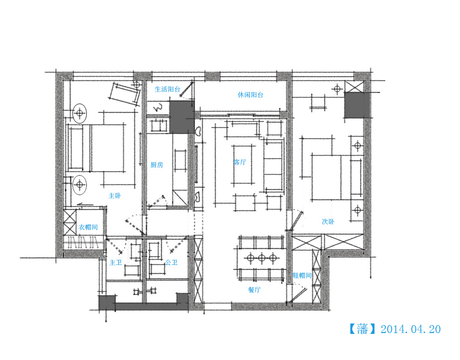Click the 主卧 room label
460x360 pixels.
(115, 196)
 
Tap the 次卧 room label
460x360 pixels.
(328, 222)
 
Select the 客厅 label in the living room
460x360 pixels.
(240, 162)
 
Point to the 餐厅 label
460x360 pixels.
(254, 289)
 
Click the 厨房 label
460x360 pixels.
(157, 165)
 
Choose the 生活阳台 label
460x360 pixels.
(168, 89)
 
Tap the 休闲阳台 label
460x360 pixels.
(251, 95)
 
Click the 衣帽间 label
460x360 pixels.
(88, 227)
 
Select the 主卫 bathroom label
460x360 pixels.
(115, 262)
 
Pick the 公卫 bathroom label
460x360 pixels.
(171, 262)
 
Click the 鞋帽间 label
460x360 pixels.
(302, 275)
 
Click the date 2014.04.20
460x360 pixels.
(410, 329)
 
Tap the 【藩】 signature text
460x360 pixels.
(363, 329)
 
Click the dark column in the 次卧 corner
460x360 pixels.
(356, 105)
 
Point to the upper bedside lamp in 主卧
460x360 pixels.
(80, 113)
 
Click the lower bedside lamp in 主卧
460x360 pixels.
(79, 185)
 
